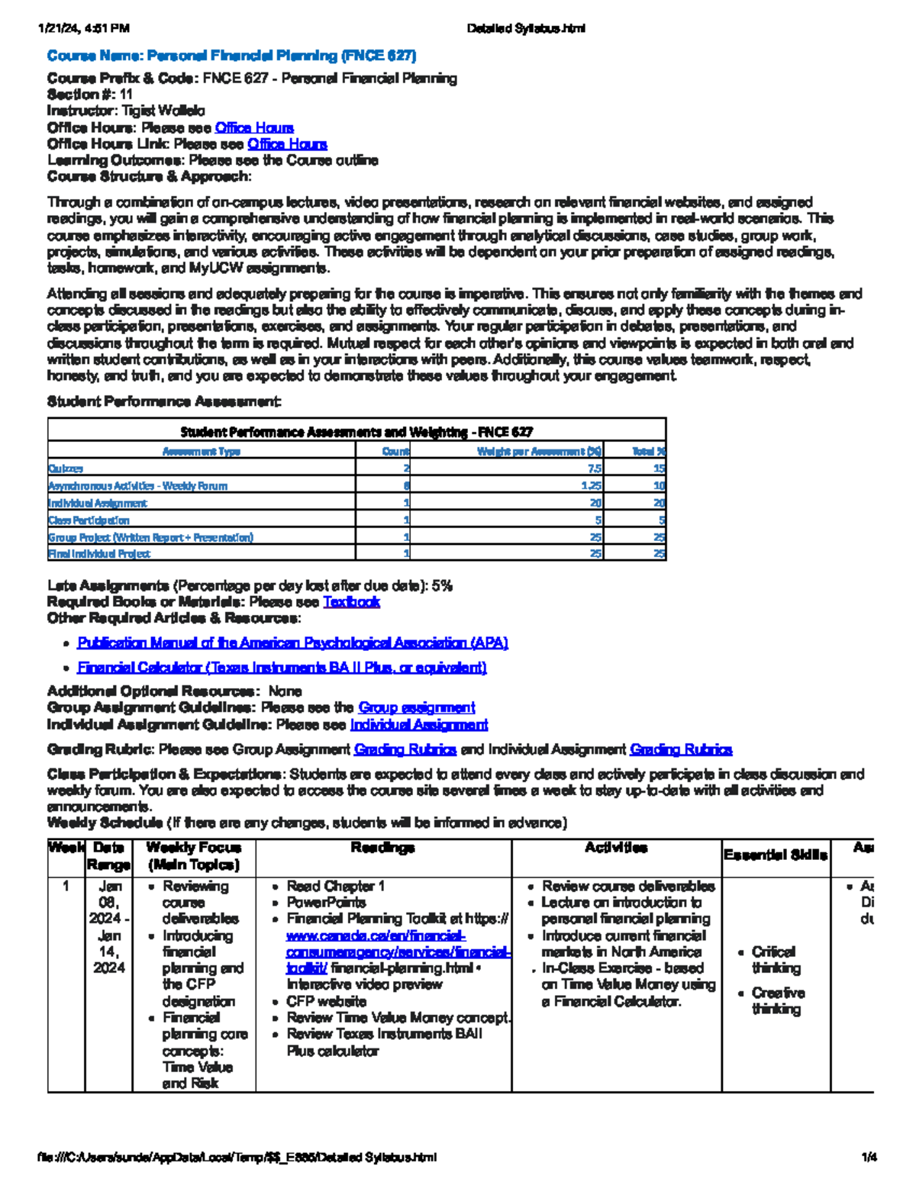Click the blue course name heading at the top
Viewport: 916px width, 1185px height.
(231, 56)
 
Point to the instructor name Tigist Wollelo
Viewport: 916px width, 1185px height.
(163, 111)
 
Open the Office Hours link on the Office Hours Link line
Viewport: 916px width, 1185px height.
(287, 144)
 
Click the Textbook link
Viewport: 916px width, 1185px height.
(351, 602)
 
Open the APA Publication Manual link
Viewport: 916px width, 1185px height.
(292, 643)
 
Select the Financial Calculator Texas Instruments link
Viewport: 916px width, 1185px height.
(282, 668)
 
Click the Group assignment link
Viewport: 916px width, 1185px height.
(416, 708)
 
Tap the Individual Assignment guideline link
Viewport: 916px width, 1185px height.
(418, 725)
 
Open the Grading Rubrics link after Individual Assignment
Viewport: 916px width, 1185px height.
(681, 750)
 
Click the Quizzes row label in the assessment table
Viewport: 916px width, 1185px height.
(66, 469)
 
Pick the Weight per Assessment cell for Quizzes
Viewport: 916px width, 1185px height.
(594, 469)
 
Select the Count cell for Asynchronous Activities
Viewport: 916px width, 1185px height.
(406, 486)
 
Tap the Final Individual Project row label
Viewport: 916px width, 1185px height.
(99, 554)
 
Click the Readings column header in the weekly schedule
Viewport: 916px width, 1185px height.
(382, 848)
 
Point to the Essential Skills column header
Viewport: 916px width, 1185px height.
(775, 855)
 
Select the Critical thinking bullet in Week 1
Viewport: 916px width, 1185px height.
(775, 960)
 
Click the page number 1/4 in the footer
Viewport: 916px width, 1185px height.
(869, 1158)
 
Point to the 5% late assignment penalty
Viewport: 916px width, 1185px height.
(442, 586)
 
